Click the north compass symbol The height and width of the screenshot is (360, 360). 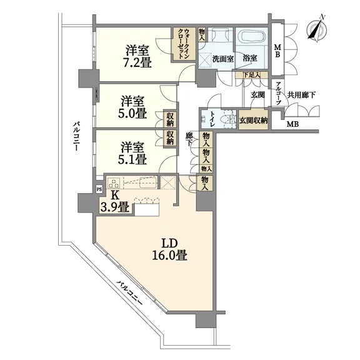317,29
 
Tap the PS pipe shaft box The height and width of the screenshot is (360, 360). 99,189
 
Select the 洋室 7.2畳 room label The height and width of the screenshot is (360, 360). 137,56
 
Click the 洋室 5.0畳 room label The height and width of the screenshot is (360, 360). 132,107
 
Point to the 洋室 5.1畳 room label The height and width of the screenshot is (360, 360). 132,153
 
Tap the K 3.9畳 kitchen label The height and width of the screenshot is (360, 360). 114,202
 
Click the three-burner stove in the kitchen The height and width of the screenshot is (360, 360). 114,183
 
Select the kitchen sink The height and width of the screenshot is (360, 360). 148,182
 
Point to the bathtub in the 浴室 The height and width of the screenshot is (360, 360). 252,36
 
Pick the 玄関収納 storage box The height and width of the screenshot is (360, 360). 253,119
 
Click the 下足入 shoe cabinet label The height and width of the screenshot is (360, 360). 252,74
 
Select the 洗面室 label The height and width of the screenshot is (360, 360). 223,59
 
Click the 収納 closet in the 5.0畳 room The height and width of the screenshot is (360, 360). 170,119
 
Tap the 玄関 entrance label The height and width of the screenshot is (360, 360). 258,94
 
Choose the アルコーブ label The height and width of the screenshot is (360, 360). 277,94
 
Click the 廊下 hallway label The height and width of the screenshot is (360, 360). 189,139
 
